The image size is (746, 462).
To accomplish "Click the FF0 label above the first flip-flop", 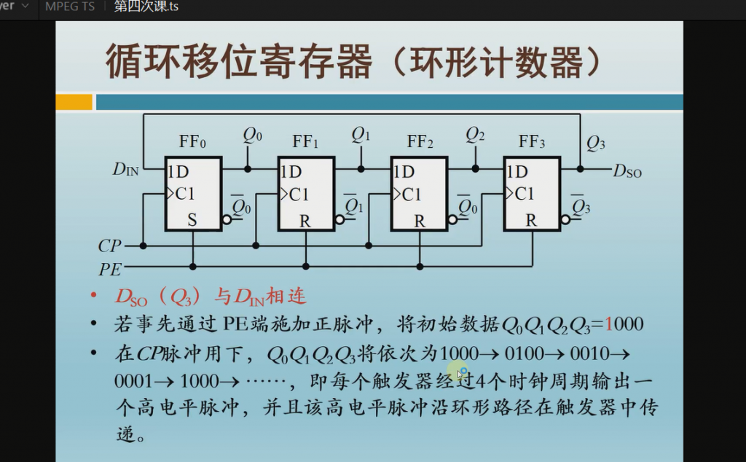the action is pos(192,142).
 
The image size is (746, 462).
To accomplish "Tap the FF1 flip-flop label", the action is pos(305,141).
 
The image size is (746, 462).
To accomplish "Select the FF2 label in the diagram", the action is pos(420,141).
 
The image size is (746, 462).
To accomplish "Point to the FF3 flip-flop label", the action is pos(532,141).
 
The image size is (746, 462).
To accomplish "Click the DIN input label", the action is pos(125,170).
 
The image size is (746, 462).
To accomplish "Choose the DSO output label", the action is pos(627,171).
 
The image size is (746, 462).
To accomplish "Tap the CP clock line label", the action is pos(109,246).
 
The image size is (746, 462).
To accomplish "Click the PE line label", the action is pos(110,270).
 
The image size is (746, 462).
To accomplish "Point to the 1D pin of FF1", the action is pos(291,172).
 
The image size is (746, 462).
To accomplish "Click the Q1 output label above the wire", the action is pos(361,134).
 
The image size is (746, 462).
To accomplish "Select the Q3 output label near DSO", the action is pos(595,143).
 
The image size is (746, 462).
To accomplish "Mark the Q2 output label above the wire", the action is pos(475,134).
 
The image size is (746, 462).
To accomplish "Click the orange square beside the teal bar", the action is pos(74,102).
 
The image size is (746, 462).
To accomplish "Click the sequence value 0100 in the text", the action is pos(524,354).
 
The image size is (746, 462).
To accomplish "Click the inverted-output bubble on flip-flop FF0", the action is pos(227,219).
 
